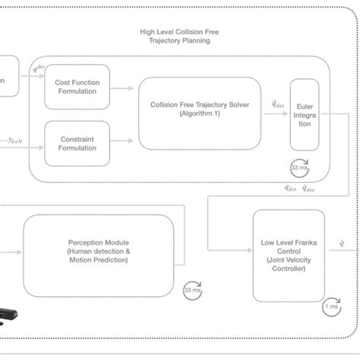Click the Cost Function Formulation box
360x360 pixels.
tap(77, 87)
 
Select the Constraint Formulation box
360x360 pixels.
tap(77, 143)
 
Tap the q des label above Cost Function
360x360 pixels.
tap(39, 69)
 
